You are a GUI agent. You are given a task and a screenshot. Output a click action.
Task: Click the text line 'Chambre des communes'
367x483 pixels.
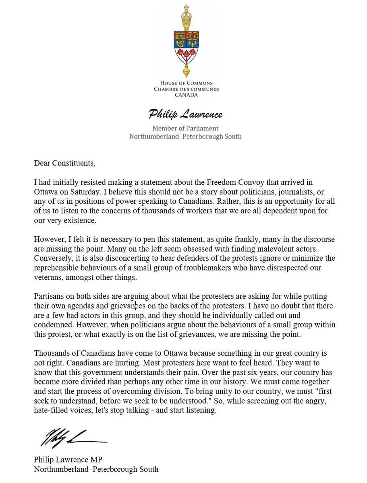(186, 89)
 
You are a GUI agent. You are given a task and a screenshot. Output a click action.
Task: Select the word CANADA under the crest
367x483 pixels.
(186, 95)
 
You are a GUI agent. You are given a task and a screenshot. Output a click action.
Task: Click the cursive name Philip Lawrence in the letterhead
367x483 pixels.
(185, 114)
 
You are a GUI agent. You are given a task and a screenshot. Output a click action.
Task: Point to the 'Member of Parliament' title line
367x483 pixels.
(185, 128)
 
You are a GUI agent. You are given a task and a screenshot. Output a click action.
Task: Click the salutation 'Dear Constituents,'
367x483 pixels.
(64, 163)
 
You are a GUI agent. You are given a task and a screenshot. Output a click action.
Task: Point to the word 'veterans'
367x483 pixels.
(48, 277)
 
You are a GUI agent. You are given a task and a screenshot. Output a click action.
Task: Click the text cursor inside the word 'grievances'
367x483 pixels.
(136, 306)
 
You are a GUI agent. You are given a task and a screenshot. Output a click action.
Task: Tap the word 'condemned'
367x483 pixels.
(51, 325)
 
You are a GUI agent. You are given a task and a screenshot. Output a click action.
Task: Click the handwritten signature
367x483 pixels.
(73, 438)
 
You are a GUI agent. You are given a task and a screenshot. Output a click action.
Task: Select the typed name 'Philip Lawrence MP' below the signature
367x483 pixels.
(71, 460)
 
